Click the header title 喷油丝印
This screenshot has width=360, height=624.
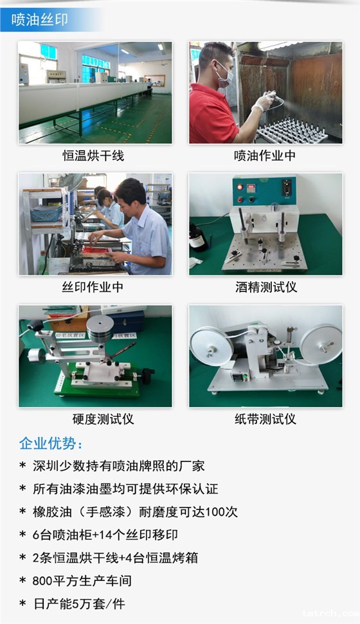40,20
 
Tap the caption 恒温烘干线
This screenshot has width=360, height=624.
93,156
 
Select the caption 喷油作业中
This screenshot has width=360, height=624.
265,156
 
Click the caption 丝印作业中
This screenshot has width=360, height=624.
93,287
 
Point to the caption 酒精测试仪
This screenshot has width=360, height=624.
265,287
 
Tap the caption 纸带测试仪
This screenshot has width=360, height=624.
265,419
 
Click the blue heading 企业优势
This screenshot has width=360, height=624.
51,444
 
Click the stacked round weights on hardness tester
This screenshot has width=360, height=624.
100,329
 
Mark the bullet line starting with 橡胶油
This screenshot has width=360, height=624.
128,511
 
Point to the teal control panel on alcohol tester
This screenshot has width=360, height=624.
264,190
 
